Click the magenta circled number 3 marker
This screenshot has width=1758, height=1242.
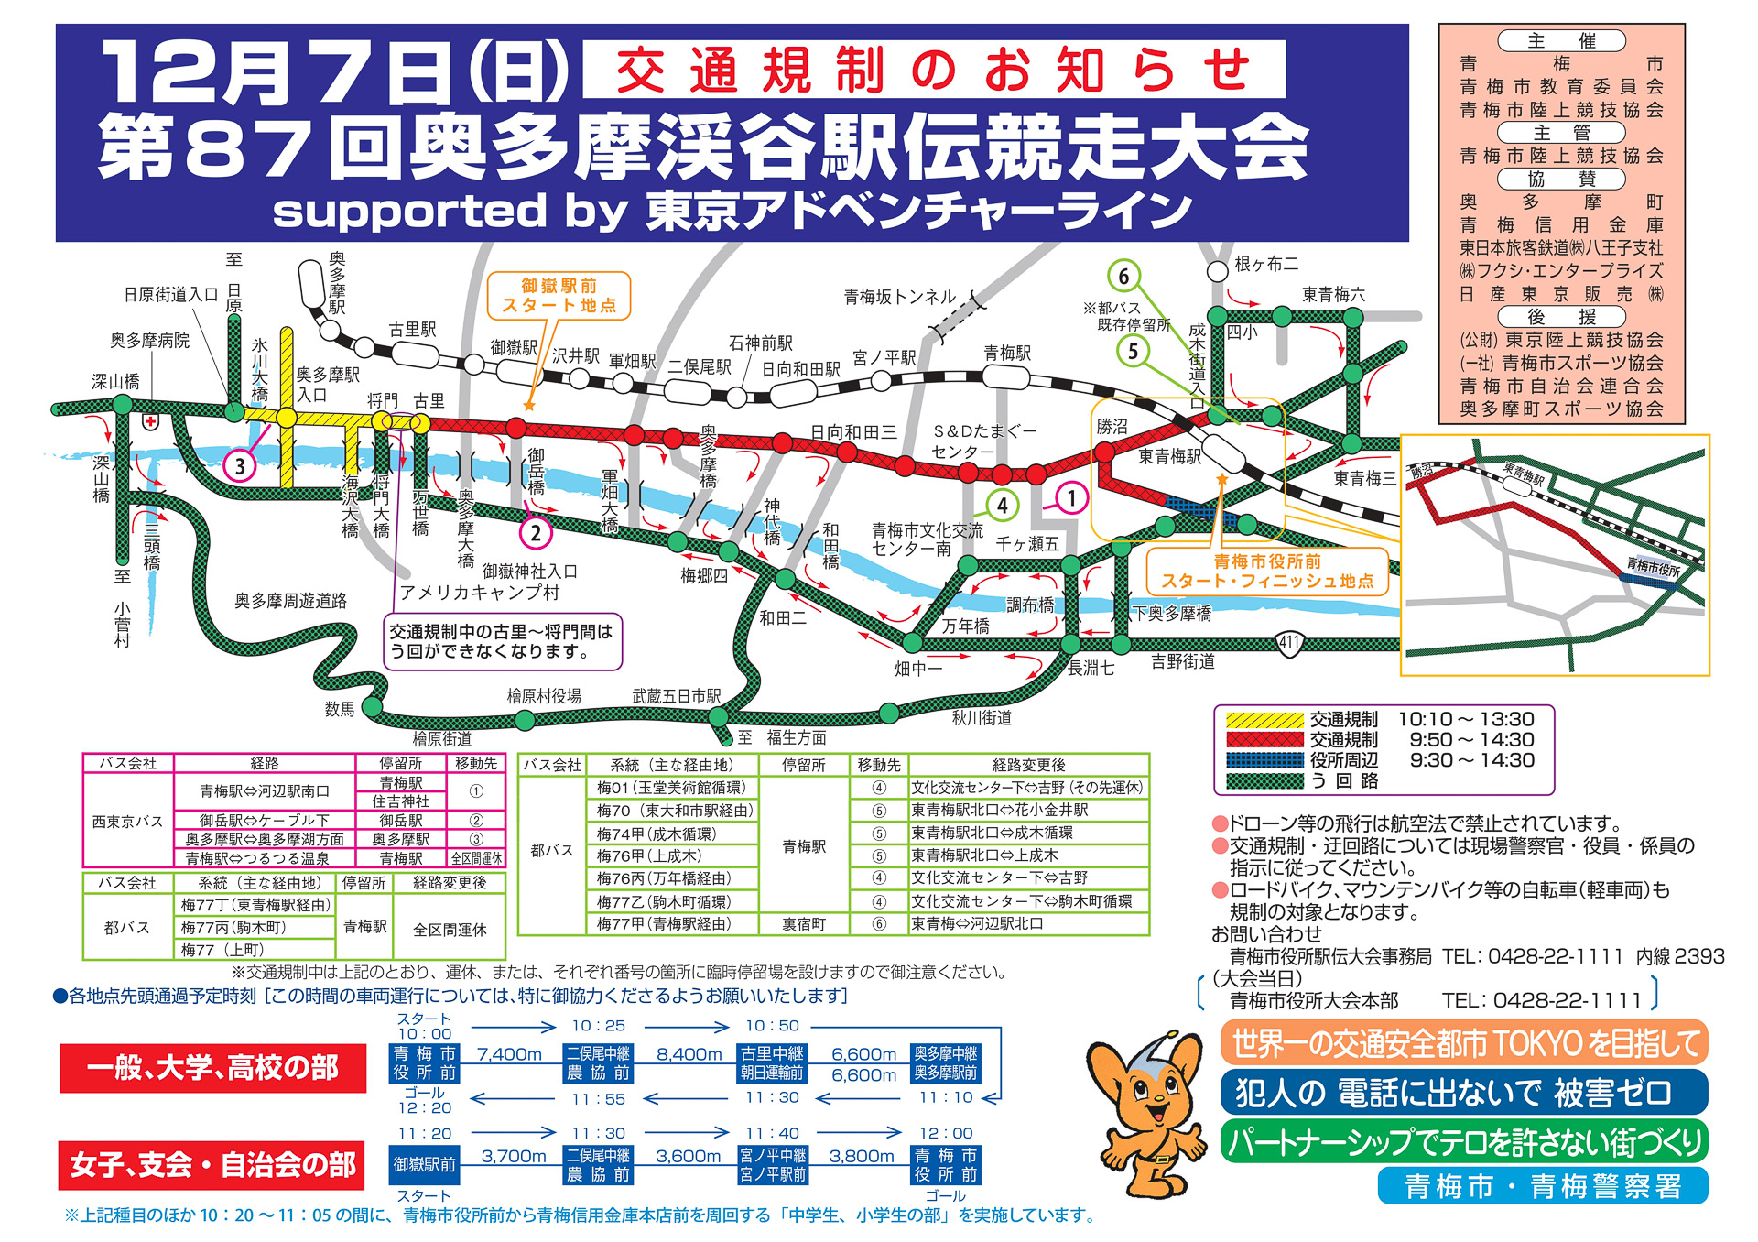click(240, 466)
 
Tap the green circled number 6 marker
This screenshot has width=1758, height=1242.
click(1123, 276)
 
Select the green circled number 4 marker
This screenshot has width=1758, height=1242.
click(1003, 505)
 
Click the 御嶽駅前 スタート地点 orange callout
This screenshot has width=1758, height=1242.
click(558, 295)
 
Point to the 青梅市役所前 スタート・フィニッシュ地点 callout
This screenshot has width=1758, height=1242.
click(1267, 571)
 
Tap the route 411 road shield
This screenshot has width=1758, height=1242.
click(1289, 642)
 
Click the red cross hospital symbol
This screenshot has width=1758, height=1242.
click(150, 422)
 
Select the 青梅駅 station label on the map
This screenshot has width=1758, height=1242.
click(1007, 354)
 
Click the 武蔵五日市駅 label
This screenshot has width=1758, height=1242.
click(676, 696)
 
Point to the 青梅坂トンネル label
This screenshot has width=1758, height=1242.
click(900, 297)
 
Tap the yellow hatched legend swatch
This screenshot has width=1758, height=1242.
click(1264, 720)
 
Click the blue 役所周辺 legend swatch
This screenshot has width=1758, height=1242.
click(1264, 760)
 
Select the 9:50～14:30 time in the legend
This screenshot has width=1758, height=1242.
click(1471, 740)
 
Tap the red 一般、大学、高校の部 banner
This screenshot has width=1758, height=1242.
click(212, 1068)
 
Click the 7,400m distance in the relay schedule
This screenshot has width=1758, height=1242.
click(509, 1054)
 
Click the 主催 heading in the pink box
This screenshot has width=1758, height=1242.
click(1561, 41)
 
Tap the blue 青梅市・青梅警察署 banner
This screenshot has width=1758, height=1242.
click(1542, 1186)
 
